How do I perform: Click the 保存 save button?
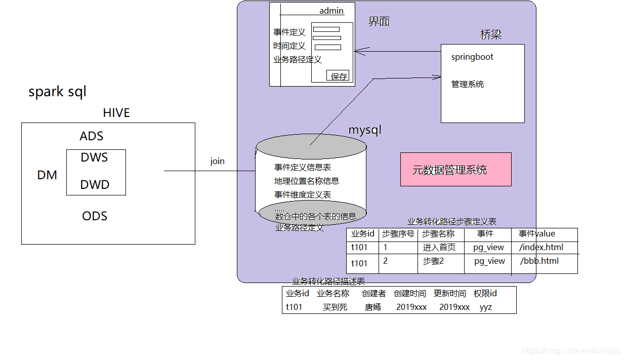[x=339, y=76]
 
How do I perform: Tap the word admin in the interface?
[x=331, y=11]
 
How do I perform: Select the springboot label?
[x=472, y=57]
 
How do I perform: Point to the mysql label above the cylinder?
[x=364, y=130]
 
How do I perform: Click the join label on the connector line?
[x=218, y=161]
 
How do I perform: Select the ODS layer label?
[x=95, y=216]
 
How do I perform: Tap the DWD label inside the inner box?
[x=95, y=185]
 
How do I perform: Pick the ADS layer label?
[x=92, y=136]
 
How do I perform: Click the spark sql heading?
[x=57, y=92]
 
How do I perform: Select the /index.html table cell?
[x=541, y=247]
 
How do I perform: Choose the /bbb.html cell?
[x=539, y=261]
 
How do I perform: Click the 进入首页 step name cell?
[x=439, y=247]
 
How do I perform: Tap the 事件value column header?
[x=537, y=233]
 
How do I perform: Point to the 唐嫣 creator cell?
[x=373, y=307]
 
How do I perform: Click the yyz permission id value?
[x=486, y=307]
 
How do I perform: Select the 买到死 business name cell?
[x=335, y=307]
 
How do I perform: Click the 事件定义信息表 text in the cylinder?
[x=303, y=167]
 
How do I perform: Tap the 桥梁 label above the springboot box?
[x=491, y=34]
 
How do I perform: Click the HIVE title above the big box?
[x=116, y=112]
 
